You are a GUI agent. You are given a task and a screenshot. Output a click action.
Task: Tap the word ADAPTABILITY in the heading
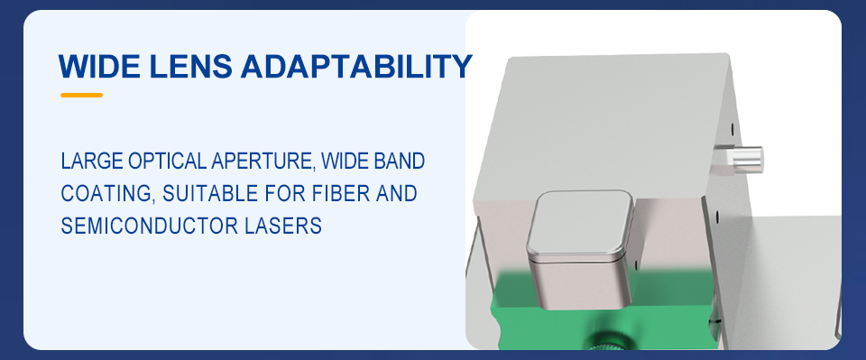pyautogui.click(x=356, y=66)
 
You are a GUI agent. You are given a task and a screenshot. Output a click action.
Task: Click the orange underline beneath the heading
pyautogui.click(x=82, y=95)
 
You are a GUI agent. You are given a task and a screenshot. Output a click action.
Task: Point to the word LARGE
pyautogui.click(x=92, y=161)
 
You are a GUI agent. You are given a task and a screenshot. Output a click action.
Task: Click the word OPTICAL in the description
pyautogui.click(x=167, y=161)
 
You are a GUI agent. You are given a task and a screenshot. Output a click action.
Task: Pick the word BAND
pyautogui.click(x=400, y=161)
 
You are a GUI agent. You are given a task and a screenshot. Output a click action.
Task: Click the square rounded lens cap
pyautogui.click(x=580, y=248)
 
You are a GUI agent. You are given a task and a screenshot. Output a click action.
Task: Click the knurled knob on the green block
pyautogui.click(x=607, y=341)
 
